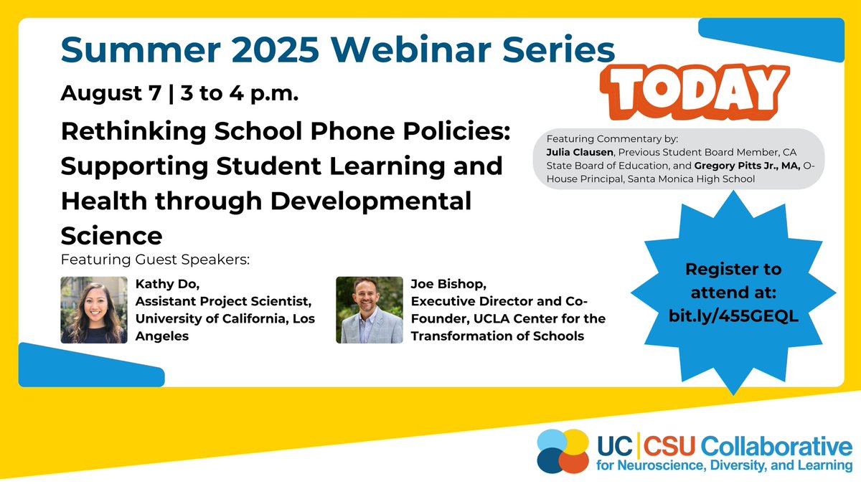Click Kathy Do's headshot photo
pos(89,310)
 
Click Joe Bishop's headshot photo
pos(369,310)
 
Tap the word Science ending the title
pos(111,234)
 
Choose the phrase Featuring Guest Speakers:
pos(155,258)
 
